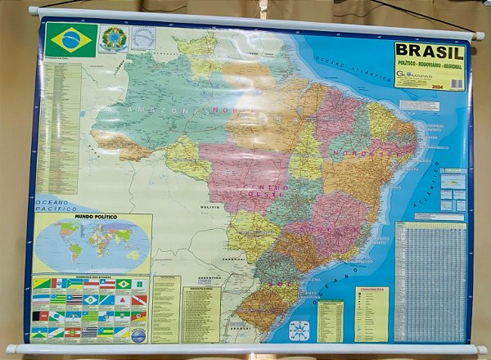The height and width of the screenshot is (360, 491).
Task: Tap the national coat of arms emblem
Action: pos(113,38)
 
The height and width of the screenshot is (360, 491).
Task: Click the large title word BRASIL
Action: pos(429,51)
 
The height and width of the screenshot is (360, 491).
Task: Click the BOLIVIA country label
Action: pos(210,208)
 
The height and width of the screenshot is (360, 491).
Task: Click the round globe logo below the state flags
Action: pos(138,335)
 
